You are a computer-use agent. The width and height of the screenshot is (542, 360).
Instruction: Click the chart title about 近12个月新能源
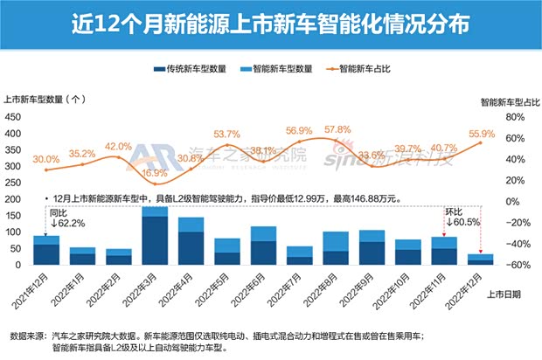270,20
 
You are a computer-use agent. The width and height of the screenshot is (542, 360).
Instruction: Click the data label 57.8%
337,130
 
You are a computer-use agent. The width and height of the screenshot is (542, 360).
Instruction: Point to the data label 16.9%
155,173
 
